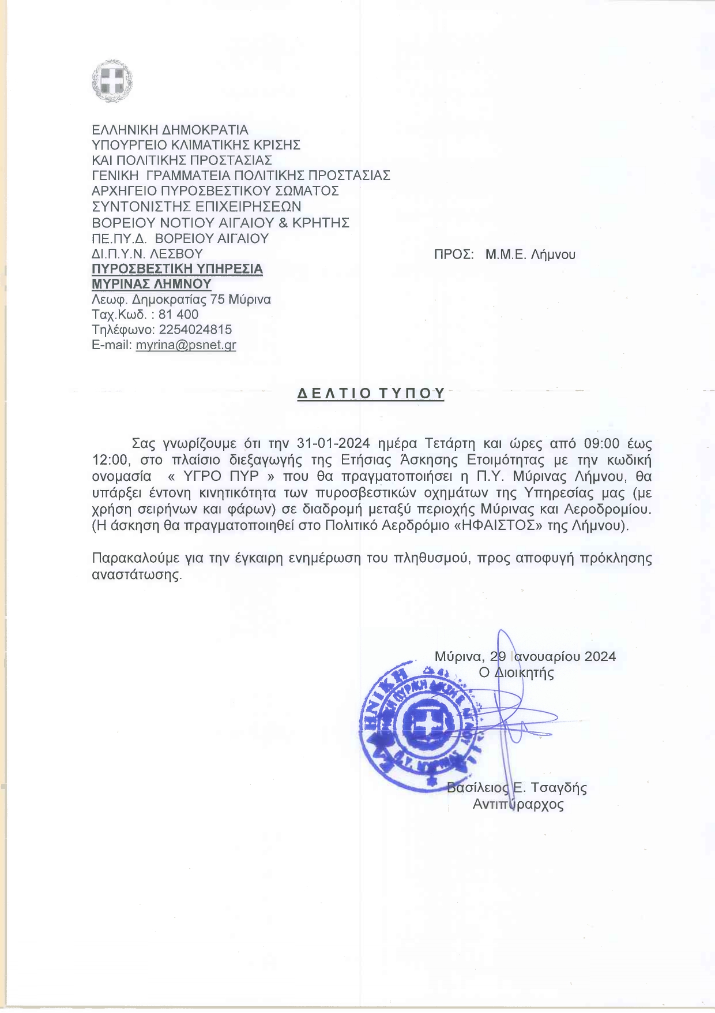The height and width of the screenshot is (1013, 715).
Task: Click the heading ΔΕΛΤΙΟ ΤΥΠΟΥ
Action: (371, 394)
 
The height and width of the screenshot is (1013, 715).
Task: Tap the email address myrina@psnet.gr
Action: (186, 345)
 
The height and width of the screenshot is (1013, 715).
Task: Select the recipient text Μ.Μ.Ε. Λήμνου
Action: (530, 255)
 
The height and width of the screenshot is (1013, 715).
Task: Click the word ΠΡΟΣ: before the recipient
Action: (454, 255)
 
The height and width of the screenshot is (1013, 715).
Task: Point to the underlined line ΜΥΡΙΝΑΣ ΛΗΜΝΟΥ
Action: (152, 284)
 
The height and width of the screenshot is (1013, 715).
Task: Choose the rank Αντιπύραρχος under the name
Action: (518, 804)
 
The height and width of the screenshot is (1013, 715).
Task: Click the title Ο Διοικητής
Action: (517, 672)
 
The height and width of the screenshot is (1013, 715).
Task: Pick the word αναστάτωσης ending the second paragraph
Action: (137, 575)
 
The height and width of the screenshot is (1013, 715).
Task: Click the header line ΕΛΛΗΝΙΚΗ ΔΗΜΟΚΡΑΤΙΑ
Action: (170, 129)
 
